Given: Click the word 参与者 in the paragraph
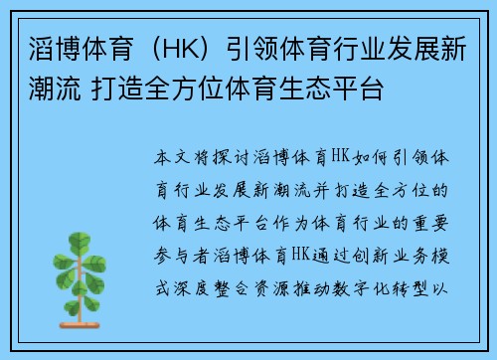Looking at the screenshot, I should click(180, 248).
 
